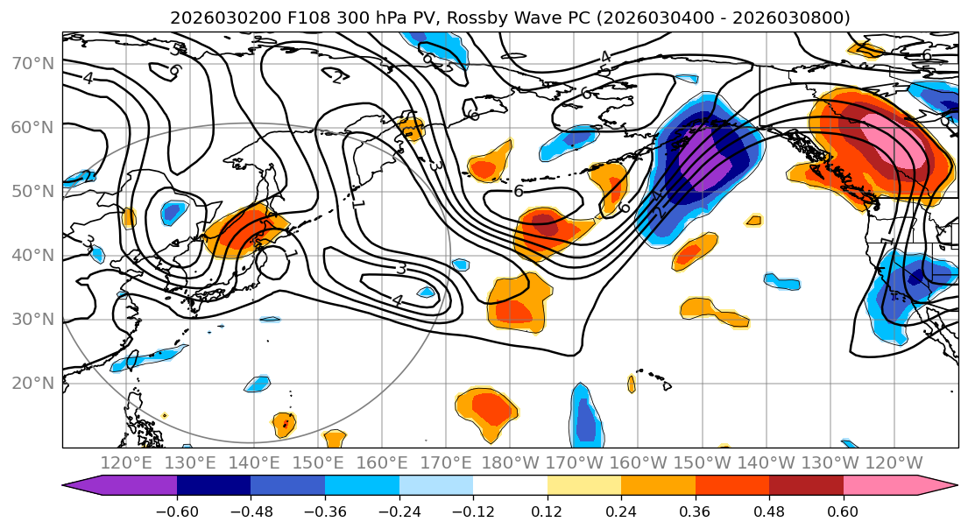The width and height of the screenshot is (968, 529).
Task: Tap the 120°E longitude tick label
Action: point(126,462)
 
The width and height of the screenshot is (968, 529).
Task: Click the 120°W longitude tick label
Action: point(893,462)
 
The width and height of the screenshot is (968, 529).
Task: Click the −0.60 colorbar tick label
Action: point(177,511)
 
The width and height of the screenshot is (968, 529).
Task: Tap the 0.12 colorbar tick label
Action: point(548,511)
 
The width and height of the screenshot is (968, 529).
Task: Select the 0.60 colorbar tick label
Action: point(844,511)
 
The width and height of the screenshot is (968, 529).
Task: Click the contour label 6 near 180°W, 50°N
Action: point(519,191)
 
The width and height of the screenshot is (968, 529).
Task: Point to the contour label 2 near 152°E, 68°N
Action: point(337,78)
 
